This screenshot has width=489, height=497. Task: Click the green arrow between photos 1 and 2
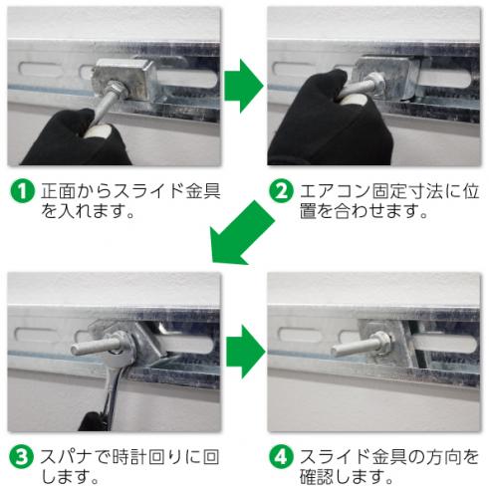(x=242, y=90)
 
